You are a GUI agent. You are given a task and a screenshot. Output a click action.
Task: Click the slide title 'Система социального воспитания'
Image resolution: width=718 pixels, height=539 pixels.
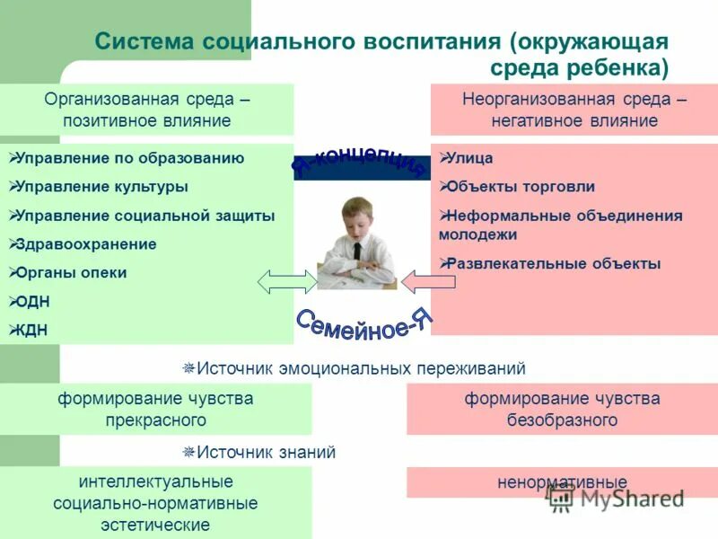[296, 42]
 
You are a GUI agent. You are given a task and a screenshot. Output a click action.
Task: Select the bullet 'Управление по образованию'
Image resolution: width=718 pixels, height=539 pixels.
[131, 158]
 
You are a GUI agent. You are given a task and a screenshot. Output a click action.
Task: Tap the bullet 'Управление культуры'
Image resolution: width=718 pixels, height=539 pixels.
[103, 187]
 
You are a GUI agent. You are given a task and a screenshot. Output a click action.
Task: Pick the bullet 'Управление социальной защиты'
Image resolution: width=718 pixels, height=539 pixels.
[146, 216]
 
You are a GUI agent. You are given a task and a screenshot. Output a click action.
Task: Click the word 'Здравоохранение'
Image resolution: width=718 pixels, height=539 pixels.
[86, 244]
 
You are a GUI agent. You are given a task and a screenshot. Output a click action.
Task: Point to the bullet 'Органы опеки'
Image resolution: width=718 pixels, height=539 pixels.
[73, 273]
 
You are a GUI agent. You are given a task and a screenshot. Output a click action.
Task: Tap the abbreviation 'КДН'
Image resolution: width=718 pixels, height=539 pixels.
[32, 331]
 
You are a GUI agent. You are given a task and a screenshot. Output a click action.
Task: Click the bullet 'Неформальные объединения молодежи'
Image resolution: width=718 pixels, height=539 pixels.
[560, 225]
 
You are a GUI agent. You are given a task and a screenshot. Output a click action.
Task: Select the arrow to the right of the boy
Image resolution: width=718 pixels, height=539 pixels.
[428, 282]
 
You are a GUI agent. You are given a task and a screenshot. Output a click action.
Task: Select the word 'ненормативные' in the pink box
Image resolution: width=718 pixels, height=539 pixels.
[562, 482]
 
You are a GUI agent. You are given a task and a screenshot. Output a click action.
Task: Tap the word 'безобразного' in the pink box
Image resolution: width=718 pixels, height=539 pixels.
[562, 420]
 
